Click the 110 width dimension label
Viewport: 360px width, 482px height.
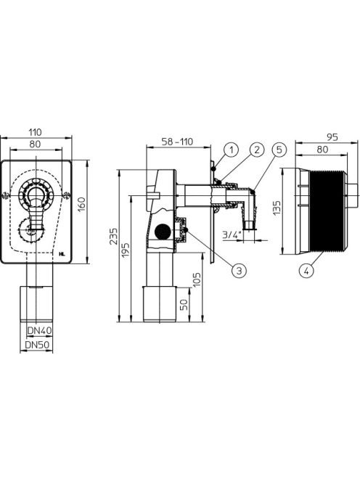click(x=36, y=133)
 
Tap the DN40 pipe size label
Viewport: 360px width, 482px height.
click(x=40, y=331)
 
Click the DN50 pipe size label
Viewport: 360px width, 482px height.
click(x=37, y=345)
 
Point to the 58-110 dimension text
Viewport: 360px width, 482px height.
click(x=178, y=142)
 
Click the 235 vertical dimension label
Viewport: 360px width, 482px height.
click(x=114, y=236)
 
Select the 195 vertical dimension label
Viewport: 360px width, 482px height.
click(x=126, y=250)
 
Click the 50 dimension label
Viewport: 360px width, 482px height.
click(x=184, y=305)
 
